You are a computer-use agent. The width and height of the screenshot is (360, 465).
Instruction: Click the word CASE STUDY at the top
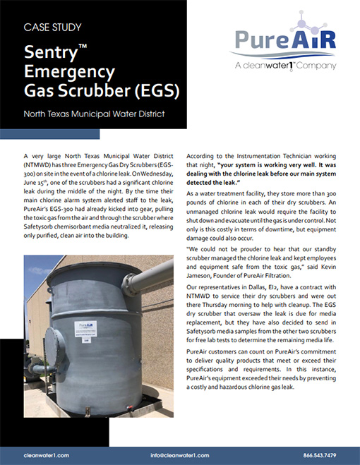coord(53,28)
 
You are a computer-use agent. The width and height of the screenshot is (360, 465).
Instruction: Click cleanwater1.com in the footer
coord(46,455)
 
